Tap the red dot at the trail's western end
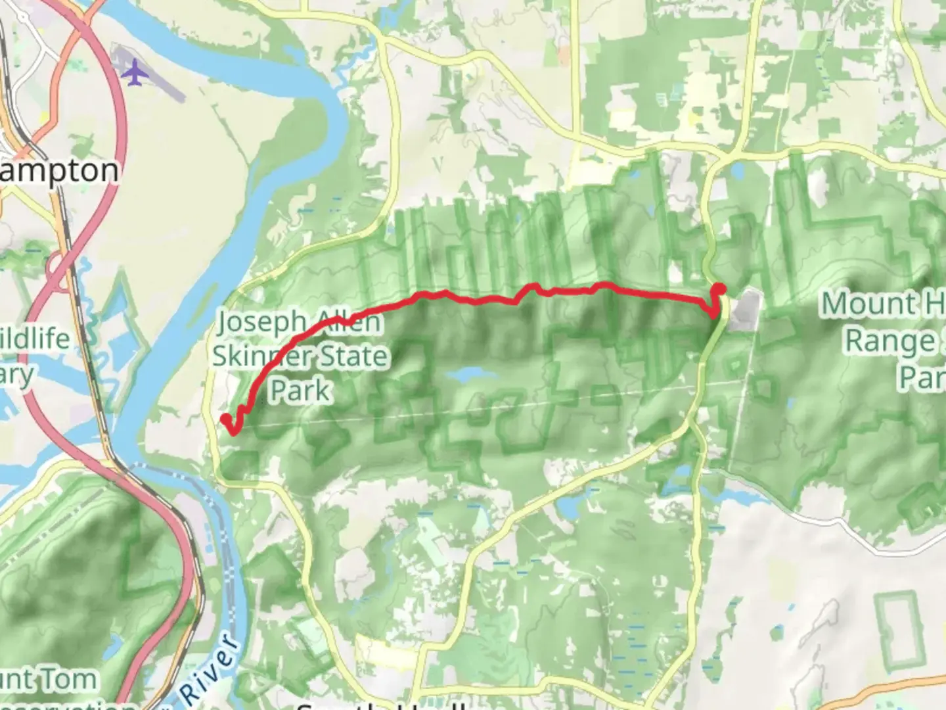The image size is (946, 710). (x=225, y=419)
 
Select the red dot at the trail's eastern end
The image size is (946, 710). (x=719, y=288)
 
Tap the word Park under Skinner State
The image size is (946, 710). (x=300, y=390)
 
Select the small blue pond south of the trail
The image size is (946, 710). (x=470, y=375)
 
